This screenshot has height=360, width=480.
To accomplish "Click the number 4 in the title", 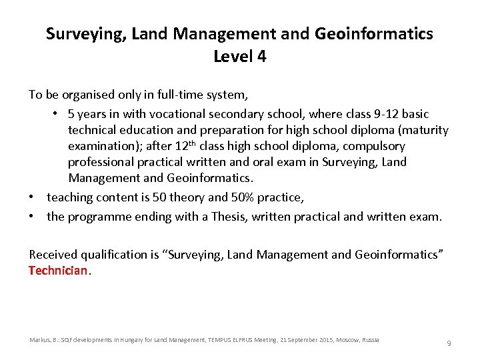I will click(261, 57).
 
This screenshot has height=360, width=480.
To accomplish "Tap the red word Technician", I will click(58, 271).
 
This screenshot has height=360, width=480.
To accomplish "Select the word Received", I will click(53, 254).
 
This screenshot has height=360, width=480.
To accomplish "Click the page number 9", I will click(449, 343).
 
